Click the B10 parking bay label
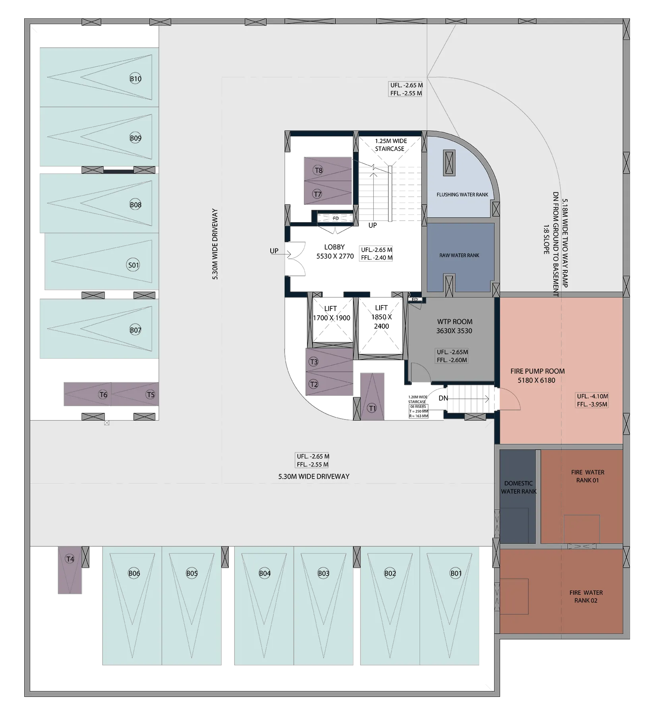[x=136, y=79]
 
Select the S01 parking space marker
[x=133, y=265]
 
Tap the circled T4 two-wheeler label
[x=70, y=559]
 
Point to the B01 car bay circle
[x=456, y=573]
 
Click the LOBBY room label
[x=334, y=247]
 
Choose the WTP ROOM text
[x=455, y=322]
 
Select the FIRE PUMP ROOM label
[x=537, y=371]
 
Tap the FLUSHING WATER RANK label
[x=462, y=194]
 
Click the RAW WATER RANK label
[x=459, y=255]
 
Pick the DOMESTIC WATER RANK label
[x=519, y=487]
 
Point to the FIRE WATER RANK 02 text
[x=586, y=596]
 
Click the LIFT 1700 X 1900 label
[x=331, y=313]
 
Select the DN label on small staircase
[x=443, y=398]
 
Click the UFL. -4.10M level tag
[x=592, y=396]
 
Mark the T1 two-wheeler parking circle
[x=372, y=408]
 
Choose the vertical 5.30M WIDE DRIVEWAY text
[x=215, y=244]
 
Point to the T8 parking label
[x=318, y=170]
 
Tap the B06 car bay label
[x=134, y=573]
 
